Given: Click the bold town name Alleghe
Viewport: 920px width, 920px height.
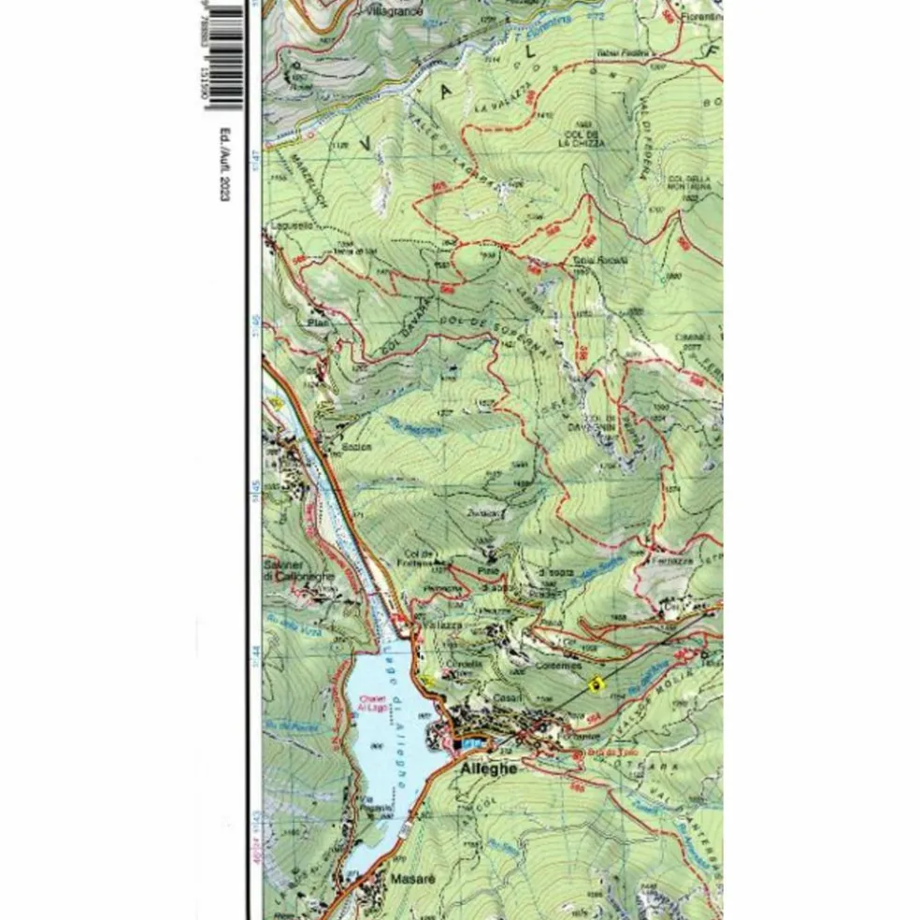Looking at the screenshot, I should pos(489,768).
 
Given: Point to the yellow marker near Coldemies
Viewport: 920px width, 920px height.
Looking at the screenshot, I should pos(593,684).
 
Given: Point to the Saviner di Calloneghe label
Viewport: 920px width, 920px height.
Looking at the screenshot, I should pos(297,570).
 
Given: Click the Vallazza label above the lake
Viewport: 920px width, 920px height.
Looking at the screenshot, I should pos(442,624).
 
